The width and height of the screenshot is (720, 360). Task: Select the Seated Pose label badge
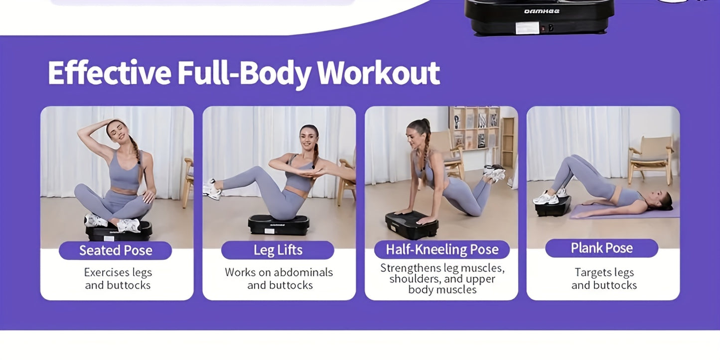pos(116,250)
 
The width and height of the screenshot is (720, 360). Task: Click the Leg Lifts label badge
pos(278,250)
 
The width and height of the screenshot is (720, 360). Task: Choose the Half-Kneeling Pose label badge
pos(442,249)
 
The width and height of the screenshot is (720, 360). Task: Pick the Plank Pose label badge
pos(602,248)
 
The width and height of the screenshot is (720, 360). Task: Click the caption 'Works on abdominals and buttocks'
pos(279,279)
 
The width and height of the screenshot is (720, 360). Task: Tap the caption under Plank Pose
pos(604,279)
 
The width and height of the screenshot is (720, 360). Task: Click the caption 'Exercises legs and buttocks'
pos(118,279)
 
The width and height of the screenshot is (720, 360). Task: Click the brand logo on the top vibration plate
pos(542,11)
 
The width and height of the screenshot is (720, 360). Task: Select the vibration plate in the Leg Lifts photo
pos(279,225)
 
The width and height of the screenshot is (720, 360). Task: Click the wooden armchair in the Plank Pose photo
pos(651,160)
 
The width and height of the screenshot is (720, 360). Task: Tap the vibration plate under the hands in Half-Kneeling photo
pos(412,225)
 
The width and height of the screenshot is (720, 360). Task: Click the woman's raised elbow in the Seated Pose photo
pos(80,130)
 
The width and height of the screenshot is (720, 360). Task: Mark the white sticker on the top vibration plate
pos(527,28)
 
